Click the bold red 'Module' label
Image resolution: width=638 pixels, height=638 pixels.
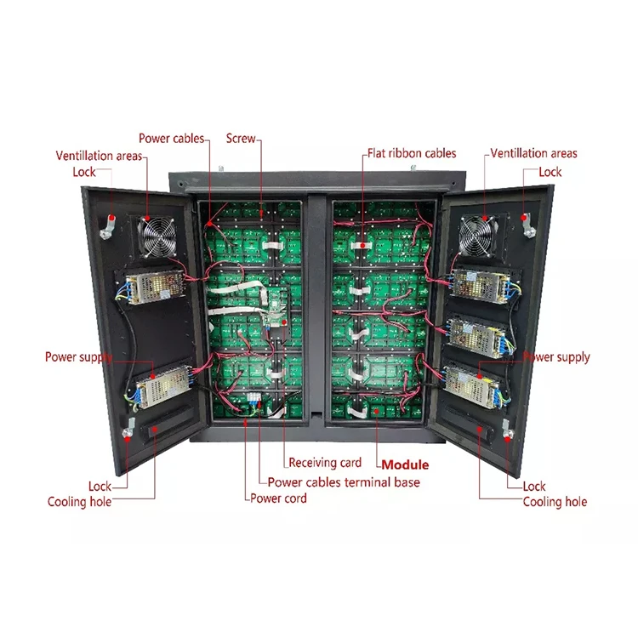405,465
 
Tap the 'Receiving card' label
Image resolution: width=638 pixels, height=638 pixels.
325,463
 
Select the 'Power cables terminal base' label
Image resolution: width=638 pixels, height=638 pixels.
344,481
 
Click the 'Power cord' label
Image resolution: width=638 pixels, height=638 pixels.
278,498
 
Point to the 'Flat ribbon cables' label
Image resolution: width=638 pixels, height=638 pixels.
412,153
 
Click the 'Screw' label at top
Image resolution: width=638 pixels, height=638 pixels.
240,137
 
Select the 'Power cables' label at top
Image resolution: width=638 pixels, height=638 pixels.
171,138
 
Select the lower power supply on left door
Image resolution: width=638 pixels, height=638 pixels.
158,386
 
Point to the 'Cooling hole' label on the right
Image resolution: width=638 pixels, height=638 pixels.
555,502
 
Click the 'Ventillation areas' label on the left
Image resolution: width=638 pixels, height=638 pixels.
99,156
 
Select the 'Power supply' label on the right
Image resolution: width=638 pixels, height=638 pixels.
557,357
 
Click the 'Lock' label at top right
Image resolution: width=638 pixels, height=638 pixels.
550,172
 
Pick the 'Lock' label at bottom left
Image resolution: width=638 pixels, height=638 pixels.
100,487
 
